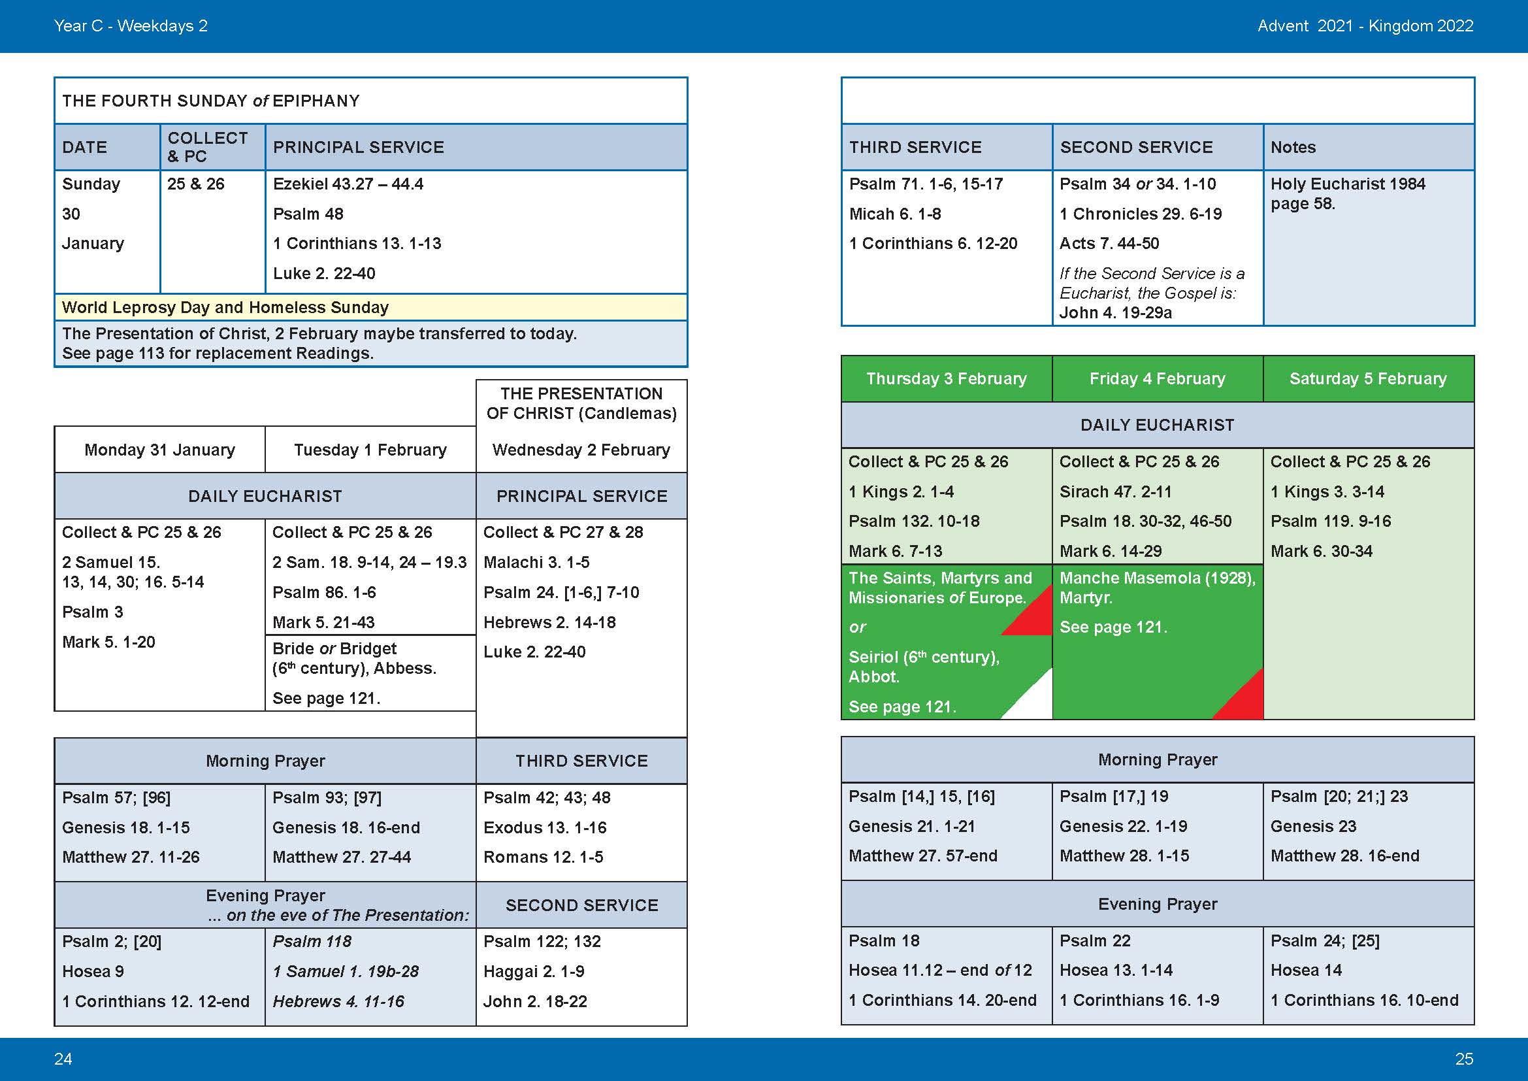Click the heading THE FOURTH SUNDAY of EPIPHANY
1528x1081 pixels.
point(210,101)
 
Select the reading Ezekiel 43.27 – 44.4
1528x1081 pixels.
point(348,184)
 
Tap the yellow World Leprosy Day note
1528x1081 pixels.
point(225,307)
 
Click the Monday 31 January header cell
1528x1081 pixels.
point(159,450)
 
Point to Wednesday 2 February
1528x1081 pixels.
point(581,450)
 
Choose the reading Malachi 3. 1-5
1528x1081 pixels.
point(536,562)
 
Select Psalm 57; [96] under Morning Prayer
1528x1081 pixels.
point(116,797)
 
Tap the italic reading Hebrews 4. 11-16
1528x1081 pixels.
point(338,1001)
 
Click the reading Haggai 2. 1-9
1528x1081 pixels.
point(534,971)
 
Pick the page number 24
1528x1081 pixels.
point(63,1059)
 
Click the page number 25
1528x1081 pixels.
point(1464,1059)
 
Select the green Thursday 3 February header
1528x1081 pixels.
point(947,379)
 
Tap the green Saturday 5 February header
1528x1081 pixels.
point(1369,379)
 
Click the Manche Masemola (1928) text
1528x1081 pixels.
point(1158,578)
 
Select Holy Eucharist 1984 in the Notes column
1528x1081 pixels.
point(1348,184)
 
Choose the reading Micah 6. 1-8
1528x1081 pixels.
point(895,214)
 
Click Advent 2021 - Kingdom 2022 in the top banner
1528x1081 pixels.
point(1365,26)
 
